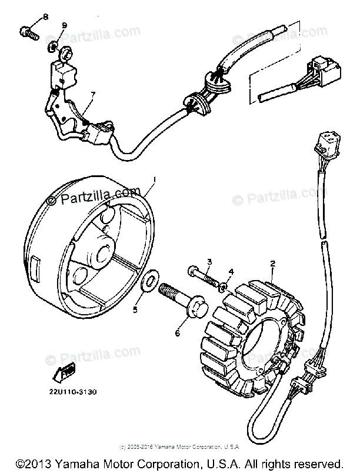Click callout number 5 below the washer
135,309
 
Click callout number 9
64,25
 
